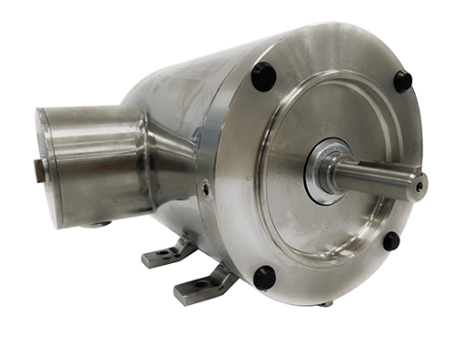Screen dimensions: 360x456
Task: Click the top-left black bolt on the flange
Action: [x=264, y=76]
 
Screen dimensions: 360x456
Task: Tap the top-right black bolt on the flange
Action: [x=403, y=81]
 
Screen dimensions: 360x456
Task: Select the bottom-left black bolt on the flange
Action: [x=265, y=277]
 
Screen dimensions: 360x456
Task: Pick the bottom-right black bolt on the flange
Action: [x=391, y=241]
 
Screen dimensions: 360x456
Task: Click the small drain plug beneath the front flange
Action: [x=325, y=303]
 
